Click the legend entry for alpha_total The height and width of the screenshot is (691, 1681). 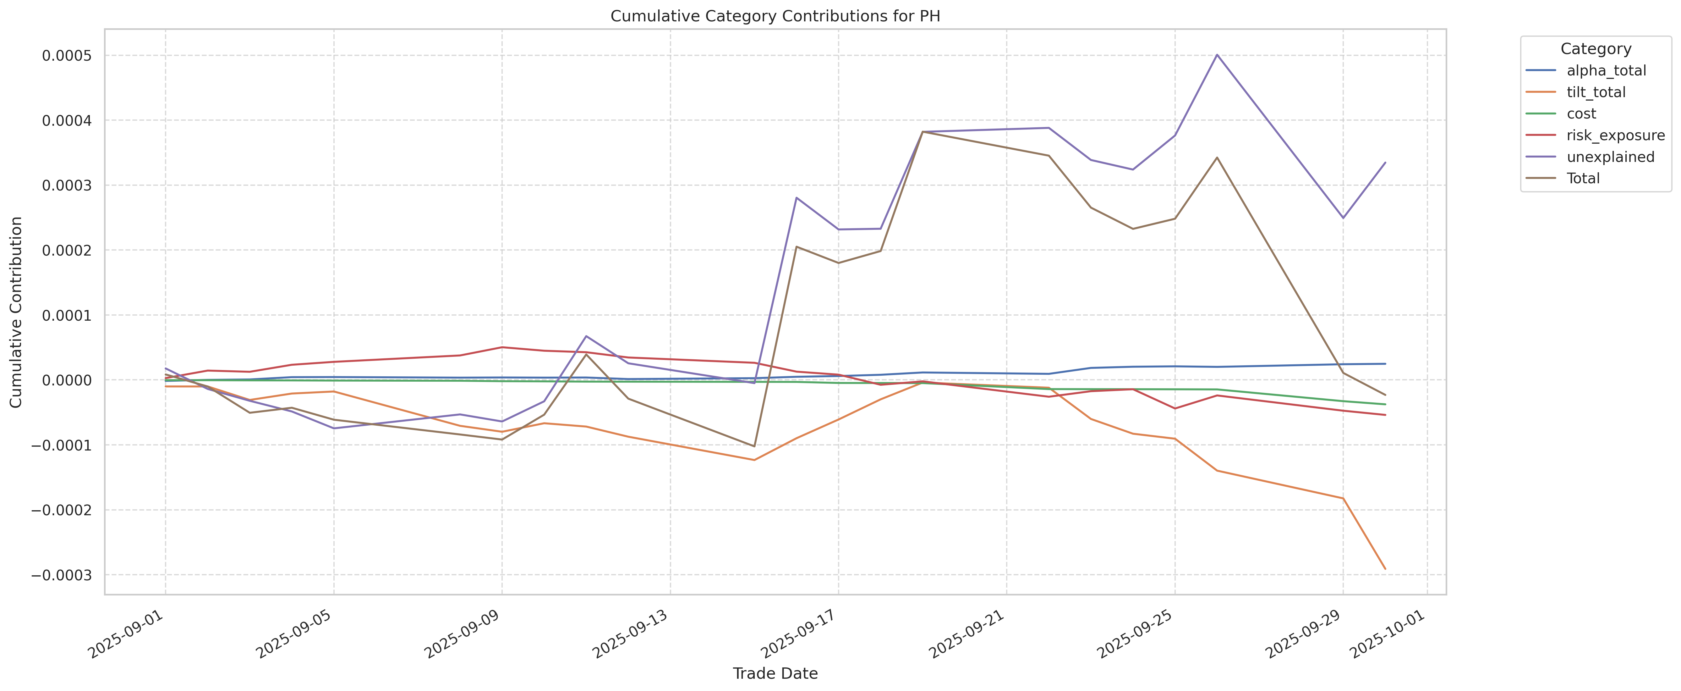tap(1606, 70)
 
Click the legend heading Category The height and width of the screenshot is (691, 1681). tap(1596, 49)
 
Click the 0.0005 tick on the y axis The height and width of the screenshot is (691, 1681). tap(67, 56)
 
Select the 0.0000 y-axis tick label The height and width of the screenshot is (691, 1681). tap(67, 380)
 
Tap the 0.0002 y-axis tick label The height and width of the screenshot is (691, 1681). tap(67, 250)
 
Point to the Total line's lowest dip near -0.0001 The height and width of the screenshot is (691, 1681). tap(754, 446)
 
